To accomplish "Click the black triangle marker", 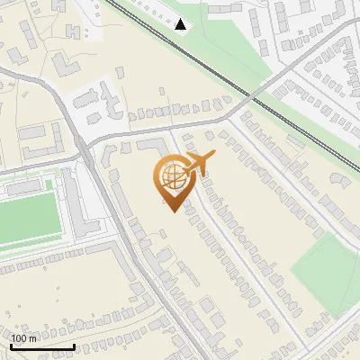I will (x=181, y=24).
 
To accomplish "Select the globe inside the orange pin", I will (x=171, y=178).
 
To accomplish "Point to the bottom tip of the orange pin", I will (x=171, y=211).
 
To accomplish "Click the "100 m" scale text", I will (x=24, y=338).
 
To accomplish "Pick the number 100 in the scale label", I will (x=20, y=338).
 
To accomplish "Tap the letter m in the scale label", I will (x=33, y=338).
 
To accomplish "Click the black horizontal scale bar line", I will (x=42, y=346).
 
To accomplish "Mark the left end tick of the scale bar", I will (x=10, y=345).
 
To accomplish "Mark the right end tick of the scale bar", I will (x=75, y=345).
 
